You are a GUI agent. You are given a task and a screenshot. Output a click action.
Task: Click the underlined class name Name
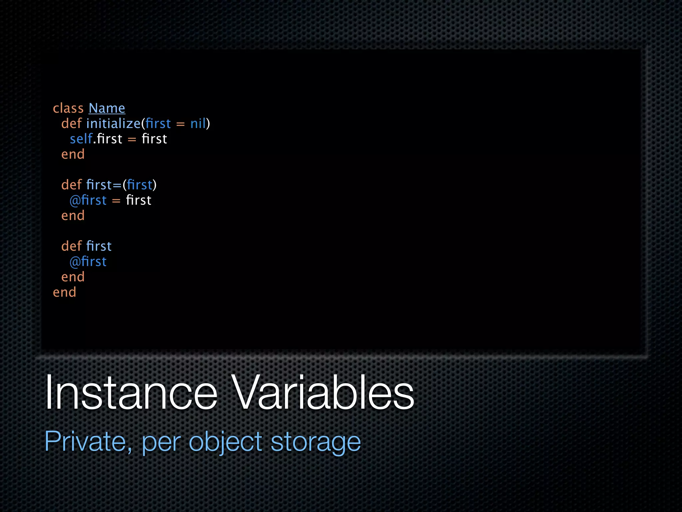(107, 108)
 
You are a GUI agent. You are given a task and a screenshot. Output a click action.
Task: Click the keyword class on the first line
(68, 108)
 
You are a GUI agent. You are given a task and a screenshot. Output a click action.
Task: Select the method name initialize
(113, 124)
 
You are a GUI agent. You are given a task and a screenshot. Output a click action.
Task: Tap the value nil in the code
(198, 124)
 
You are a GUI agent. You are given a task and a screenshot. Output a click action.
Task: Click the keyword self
(81, 139)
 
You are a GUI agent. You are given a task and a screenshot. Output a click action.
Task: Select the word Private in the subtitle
(85, 441)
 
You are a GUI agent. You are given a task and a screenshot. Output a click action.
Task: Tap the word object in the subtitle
(225, 442)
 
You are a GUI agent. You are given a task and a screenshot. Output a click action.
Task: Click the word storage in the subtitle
(316, 442)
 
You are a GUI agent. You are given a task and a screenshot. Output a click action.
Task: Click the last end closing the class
(65, 292)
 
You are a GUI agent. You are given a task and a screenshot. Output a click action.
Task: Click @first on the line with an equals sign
(88, 200)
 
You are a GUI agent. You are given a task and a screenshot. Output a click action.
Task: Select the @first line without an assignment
(88, 262)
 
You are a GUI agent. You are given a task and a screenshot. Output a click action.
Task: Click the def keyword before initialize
(71, 124)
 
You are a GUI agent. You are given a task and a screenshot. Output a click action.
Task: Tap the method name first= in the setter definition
(104, 185)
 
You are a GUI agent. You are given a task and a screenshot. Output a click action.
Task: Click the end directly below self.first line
(73, 154)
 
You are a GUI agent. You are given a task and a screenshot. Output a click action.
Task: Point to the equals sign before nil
(180, 124)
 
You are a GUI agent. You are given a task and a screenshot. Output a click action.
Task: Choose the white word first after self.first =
(154, 139)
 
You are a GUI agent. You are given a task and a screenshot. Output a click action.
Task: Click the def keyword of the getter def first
(71, 246)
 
